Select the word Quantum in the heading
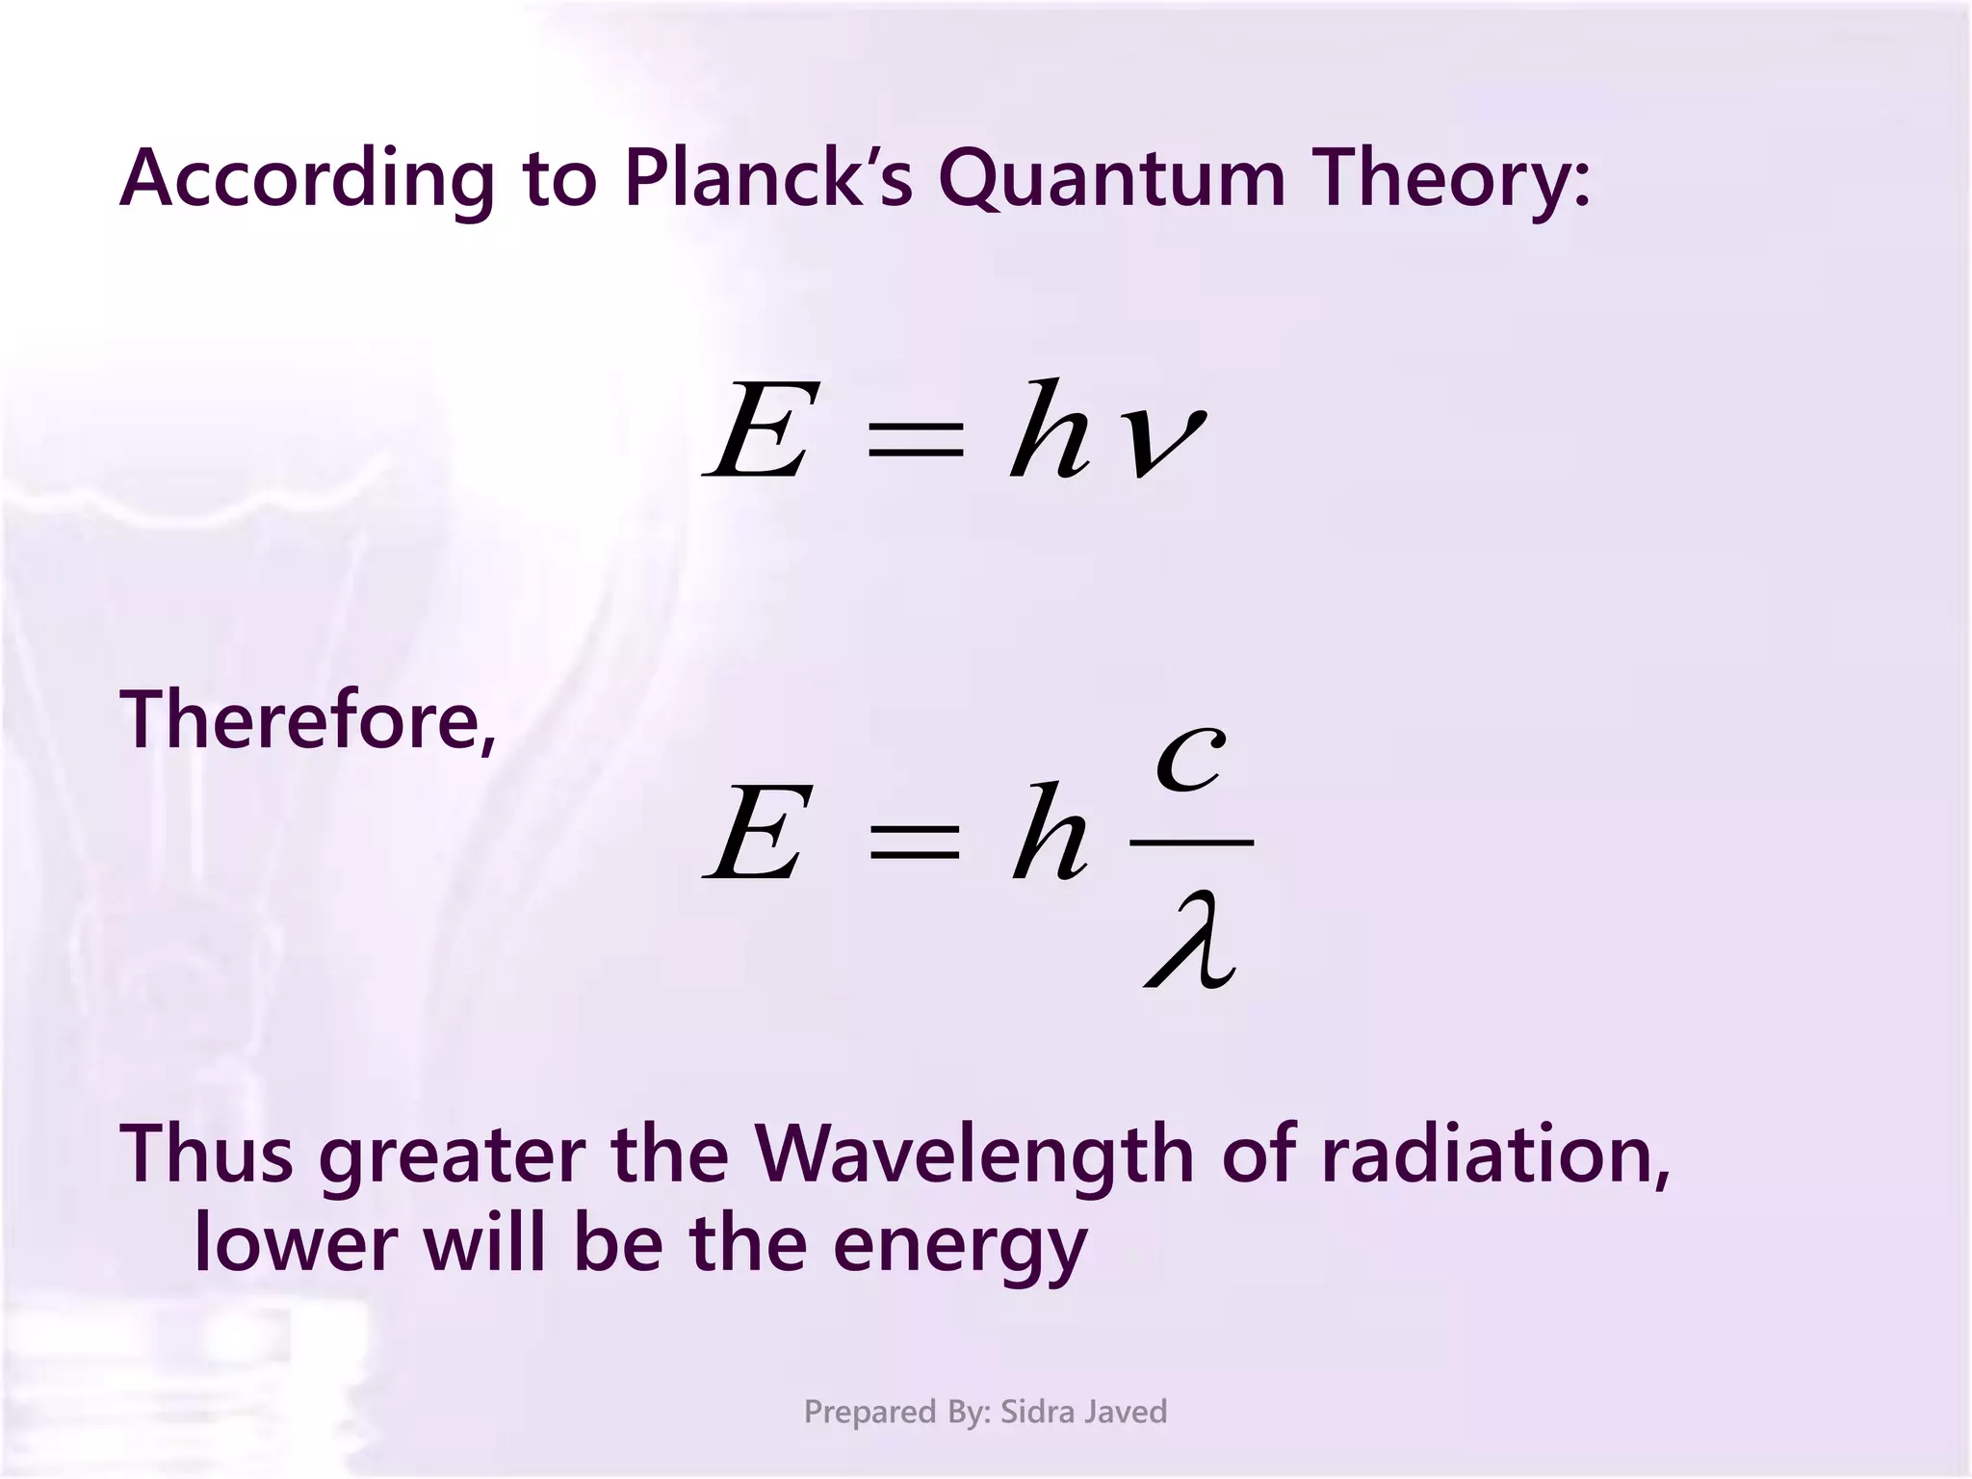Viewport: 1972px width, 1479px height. pyautogui.click(x=1111, y=180)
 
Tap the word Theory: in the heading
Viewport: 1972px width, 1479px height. pyautogui.click(x=1454, y=180)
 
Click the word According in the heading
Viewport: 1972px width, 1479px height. pyautogui.click(x=306, y=180)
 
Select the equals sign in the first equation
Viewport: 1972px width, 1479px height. pyautogui.click(x=915, y=444)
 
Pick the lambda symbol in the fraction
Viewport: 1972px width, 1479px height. pyautogui.click(x=1191, y=940)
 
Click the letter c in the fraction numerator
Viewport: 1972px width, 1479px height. pyautogui.click(x=1191, y=758)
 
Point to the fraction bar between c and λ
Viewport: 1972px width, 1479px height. pyautogui.click(x=1191, y=842)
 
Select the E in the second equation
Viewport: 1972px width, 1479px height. pyautogui.click(x=756, y=833)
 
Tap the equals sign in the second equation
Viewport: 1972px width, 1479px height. pyautogui.click(x=914, y=841)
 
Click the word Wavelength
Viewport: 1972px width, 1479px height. pyautogui.click(x=973, y=1155)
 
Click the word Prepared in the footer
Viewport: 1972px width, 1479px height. pyautogui.click(x=870, y=1413)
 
